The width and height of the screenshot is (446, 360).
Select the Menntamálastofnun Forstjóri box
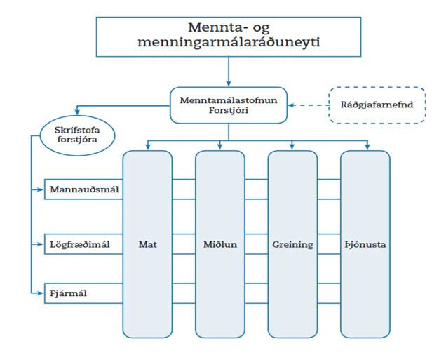tap(229, 106)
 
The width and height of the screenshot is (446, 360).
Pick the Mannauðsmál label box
tap(83, 189)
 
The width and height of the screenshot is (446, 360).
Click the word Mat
tap(147, 245)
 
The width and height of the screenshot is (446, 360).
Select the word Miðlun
tap(220, 245)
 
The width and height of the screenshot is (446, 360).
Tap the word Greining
tap(293, 245)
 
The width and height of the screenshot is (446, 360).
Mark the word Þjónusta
tap(365, 245)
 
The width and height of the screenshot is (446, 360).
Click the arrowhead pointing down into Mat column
tap(147, 147)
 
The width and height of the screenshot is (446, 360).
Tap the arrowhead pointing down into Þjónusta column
tap(365, 147)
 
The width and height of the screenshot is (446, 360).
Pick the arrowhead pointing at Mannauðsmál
tap(43, 189)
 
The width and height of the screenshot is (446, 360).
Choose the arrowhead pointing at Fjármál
tap(43, 292)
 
